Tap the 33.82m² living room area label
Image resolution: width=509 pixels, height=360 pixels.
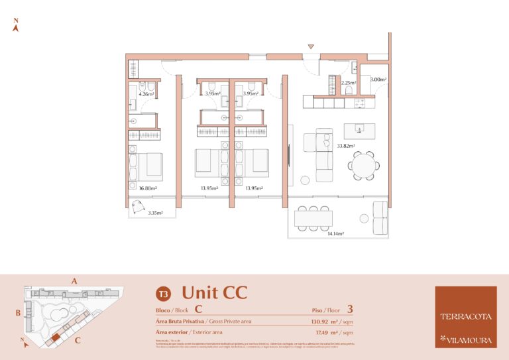click(345, 146)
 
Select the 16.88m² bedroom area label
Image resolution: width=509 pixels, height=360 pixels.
click(147, 188)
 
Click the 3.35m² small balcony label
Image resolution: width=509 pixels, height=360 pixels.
click(155, 213)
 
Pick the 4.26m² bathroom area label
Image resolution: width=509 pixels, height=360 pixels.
click(146, 93)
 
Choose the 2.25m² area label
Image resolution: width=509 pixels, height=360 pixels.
click(348, 83)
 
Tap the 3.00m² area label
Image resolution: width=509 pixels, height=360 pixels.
click(378, 80)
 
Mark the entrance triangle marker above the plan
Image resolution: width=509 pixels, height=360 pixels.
click(310, 46)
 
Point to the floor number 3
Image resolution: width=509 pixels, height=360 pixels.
click(350, 308)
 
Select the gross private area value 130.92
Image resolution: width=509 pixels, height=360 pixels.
click(323, 322)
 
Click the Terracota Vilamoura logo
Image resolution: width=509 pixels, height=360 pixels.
click(465, 317)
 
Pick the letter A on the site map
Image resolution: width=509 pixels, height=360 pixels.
click(75, 281)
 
